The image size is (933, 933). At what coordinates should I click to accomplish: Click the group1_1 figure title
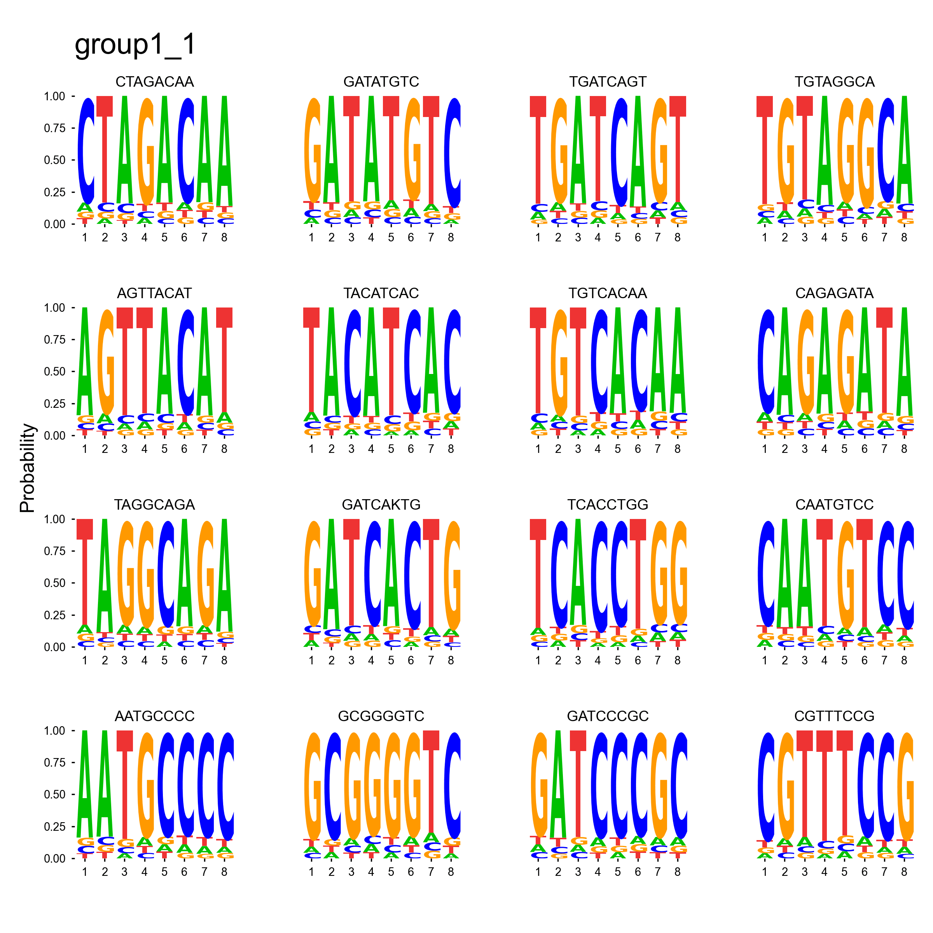pos(135,45)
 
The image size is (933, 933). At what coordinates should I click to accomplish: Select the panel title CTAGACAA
pos(155,82)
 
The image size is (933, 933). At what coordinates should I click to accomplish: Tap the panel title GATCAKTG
pos(381,505)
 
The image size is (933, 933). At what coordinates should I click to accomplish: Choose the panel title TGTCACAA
pos(608,294)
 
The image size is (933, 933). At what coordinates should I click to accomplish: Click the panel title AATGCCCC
pos(155,716)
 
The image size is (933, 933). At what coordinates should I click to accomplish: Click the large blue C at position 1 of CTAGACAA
pos(86,151)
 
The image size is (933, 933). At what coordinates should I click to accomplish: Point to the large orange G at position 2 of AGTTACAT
pos(106,362)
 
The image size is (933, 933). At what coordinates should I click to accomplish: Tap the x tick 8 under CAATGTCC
pos(904,660)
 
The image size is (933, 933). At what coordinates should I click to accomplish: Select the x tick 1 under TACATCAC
pos(311,449)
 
